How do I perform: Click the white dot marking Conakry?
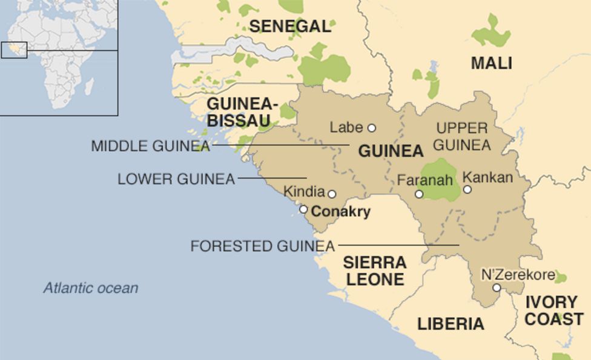303,209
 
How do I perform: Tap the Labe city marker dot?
372,128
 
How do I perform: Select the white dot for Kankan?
467,189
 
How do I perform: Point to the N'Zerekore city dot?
497,287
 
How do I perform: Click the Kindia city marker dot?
332,194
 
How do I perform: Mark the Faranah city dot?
418,194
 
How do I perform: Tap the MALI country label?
491,63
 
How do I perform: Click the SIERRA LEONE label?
374,271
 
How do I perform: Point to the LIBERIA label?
451,324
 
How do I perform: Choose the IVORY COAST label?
553,310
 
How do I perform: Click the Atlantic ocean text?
91,288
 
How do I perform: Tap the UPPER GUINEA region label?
462,137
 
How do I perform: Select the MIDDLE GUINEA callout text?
150,146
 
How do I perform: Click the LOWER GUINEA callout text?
176,179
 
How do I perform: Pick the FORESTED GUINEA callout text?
262,246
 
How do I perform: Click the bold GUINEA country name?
391,151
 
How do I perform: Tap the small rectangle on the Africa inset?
14,50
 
